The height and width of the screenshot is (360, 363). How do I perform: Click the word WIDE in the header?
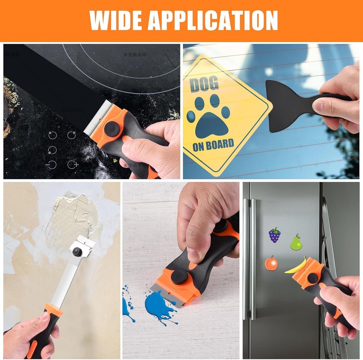[x=115, y=20]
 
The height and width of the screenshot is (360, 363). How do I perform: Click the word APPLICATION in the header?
[x=213, y=20]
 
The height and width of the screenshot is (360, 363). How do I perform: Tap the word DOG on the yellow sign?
[x=204, y=84]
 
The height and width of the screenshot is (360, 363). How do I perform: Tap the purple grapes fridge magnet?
[x=274, y=235]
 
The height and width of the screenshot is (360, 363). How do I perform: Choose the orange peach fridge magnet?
[x=271, y=263]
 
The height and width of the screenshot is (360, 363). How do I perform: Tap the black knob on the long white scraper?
[x=77, y=252]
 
